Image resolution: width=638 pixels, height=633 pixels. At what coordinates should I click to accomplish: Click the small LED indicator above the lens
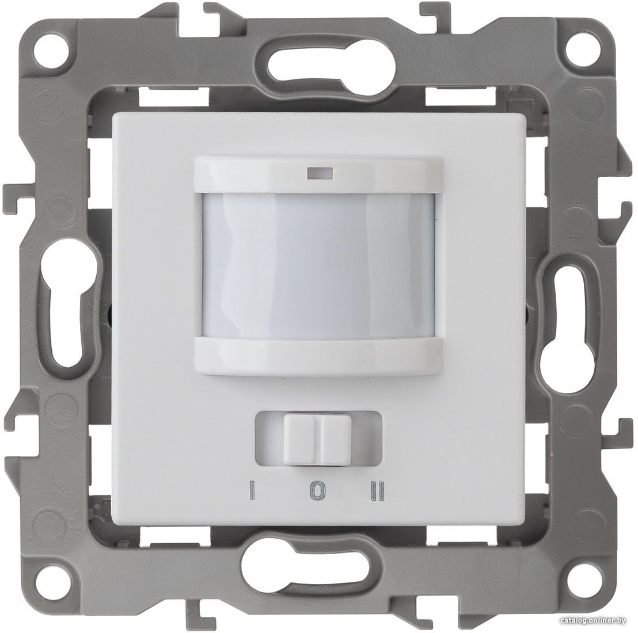319,174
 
